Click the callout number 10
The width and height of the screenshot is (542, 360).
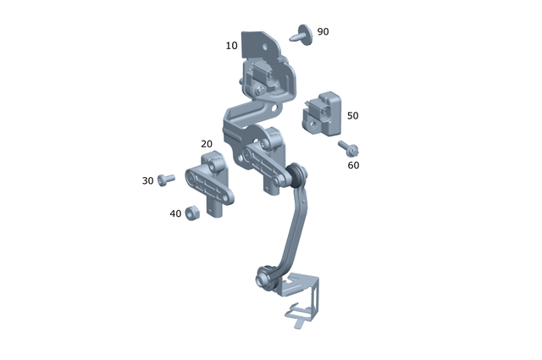pos(232,46)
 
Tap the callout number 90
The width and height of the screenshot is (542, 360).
pos(323,32)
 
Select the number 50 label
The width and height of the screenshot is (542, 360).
pos(352,115)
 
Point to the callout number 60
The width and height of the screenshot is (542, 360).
pos(353,165)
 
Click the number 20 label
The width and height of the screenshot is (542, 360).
pos(207,144)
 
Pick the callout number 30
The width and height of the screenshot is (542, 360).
pos(148,180)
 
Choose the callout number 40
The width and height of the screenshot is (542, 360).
pos(175,213)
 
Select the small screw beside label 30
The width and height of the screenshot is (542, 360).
pos(167,179)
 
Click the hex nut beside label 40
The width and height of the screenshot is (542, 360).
pos(192,212)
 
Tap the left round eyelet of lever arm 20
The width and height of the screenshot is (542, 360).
pos(192,180)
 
